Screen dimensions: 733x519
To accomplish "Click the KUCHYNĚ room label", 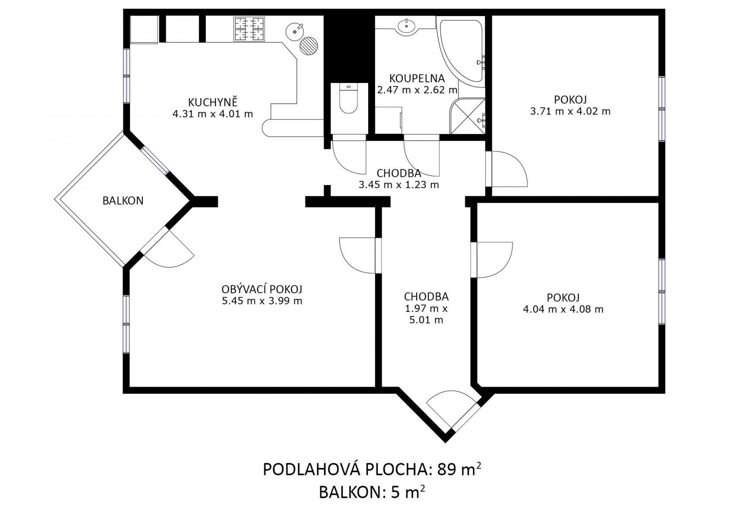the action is coord(213,102).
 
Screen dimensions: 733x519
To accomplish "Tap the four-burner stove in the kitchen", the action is coord(249,29).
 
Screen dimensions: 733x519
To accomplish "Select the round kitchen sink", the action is coord(295,32).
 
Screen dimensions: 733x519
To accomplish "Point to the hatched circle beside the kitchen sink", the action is coord(309,45).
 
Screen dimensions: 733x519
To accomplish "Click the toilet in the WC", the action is coord(348,98).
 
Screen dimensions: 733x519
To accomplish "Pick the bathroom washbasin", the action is coord(407,25).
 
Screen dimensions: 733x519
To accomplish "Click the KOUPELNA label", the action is coord(417,79).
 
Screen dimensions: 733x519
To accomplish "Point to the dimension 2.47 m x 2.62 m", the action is coord(417,90).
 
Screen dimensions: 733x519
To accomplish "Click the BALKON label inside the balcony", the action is coord(123,201).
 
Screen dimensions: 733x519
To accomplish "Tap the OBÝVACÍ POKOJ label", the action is coord(262,289).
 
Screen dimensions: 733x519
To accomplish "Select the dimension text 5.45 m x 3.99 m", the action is coord(262,301).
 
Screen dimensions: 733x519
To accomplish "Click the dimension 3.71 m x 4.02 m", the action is coord(570,111).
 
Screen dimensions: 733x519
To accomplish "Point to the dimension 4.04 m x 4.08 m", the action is coord(563,309).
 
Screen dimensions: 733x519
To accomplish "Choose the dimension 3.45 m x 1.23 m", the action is coord(398,185).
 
